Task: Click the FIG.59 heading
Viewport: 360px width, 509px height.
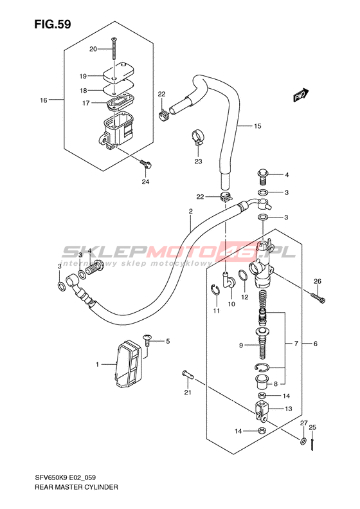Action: click(x=53, y=24)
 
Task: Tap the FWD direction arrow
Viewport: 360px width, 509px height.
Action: click(x=301, y=95)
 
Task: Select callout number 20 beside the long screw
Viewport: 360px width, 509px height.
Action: click(x=93, y=49)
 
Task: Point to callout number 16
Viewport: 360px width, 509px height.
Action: click(x=44, y=100)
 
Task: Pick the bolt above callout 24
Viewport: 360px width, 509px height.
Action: click(x=146, y=164)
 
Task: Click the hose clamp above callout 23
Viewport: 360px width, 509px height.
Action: click(x=197, y=137)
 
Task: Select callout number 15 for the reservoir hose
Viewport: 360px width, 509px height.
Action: click(x=258, y=126)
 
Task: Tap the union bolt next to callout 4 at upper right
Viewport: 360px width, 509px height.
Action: click(x=263, y=176)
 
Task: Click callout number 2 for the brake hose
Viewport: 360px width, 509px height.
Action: click(x=191, y=211)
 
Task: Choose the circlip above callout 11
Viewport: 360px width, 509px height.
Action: click(x=215, y=289)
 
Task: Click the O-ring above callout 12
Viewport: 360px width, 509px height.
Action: click(x=244, y=276)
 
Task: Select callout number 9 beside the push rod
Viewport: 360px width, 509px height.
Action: click(x=241, y=346)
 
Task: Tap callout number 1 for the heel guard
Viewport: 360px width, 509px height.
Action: click(x=97, y=365)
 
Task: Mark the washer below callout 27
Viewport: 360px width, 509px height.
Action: click(x=303, y=441)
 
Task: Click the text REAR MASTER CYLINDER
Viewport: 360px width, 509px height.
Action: click(x=76, y=487)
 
